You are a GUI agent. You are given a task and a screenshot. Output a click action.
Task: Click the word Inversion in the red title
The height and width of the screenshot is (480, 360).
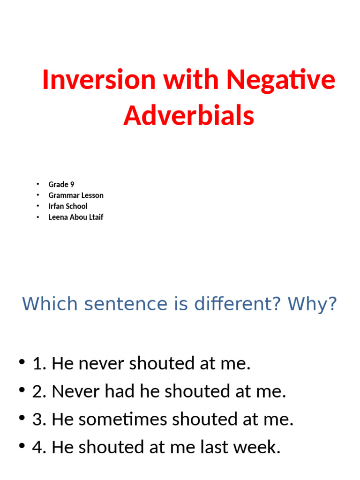point(98,80)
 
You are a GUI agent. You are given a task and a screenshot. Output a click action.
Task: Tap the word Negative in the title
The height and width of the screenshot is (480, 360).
point(281,80)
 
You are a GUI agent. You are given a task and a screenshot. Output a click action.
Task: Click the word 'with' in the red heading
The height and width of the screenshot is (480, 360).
point(190,80)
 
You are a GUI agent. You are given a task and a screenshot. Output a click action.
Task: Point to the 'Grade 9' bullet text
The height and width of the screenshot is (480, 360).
point(61,184)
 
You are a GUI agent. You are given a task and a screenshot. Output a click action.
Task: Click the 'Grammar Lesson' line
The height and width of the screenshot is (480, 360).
point(75,195)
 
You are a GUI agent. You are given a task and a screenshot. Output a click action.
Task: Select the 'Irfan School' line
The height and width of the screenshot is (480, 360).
point(67,206)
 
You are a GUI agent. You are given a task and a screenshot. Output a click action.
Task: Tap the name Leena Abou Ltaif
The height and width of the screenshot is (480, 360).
point(75,217)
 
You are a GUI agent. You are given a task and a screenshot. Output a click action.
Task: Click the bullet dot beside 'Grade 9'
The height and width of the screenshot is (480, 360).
point(38,184)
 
